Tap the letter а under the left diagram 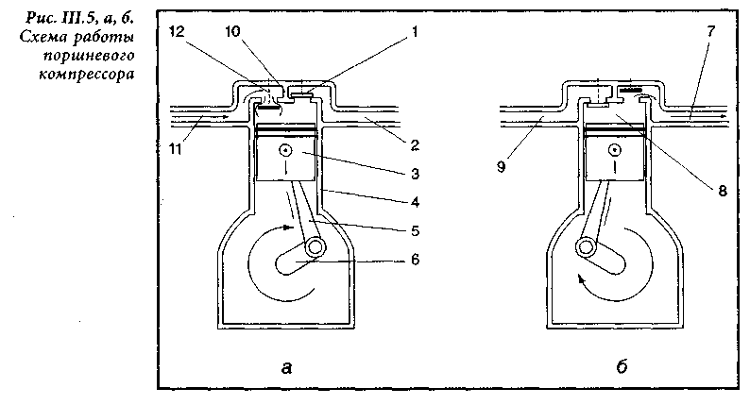tap(286, 366)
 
